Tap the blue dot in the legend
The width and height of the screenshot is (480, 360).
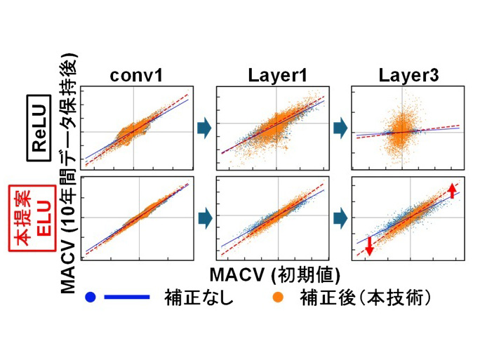pos(90,297)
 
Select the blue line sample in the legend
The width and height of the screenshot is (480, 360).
pos(127,297)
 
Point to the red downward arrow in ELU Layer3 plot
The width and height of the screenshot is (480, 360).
pos(369,248)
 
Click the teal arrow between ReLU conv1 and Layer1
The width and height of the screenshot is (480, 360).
pos(204,128)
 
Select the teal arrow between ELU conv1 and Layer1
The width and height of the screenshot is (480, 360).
pos(204,217)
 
